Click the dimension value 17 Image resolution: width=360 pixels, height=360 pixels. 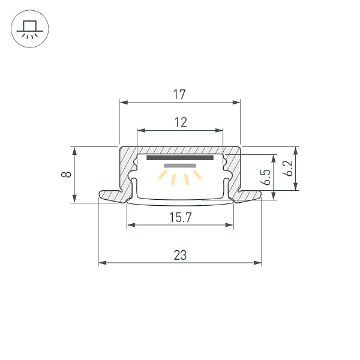click(x=179, y=94)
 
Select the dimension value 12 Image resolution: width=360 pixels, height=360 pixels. click(x=180, y=122)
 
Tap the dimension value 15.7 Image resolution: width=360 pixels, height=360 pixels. click(x=179, y=217)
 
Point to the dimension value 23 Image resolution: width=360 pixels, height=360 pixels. click(x=180, y=255)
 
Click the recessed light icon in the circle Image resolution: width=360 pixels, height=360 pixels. click(x=29, y=29)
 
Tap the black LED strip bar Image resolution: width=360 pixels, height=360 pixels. click(x=180, y=158)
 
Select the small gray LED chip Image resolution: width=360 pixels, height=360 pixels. click(x=180, y=166)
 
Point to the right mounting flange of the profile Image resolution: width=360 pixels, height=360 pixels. click(x=248, y=196)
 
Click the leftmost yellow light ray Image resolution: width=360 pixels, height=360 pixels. click(x=162, y=175)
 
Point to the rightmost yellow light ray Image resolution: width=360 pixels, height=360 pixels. click(x=197, y=175)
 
